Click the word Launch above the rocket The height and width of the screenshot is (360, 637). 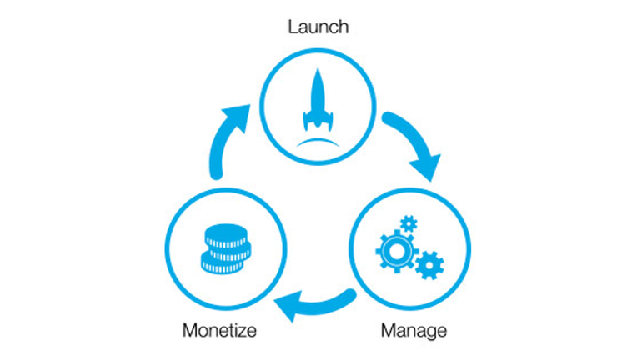318,27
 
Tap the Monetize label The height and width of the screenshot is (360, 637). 219,330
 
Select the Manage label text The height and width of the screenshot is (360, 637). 414,331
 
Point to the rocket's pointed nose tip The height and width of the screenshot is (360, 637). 318,69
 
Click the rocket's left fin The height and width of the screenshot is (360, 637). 306,120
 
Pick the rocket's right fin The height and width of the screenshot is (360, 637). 329,120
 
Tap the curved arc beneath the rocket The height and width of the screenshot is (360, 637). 318,142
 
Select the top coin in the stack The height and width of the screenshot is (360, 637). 226,236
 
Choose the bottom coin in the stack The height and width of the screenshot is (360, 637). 222,264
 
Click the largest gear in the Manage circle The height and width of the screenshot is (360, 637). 396,251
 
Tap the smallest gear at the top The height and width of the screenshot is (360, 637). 409,223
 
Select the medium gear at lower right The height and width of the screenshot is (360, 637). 429,266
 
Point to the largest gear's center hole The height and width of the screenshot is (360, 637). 396,251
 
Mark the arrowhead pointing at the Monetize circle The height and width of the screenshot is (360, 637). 288,305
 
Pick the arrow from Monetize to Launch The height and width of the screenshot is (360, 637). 224,138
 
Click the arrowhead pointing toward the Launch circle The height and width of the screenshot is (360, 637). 238,117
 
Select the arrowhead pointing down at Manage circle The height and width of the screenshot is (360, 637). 427,167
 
